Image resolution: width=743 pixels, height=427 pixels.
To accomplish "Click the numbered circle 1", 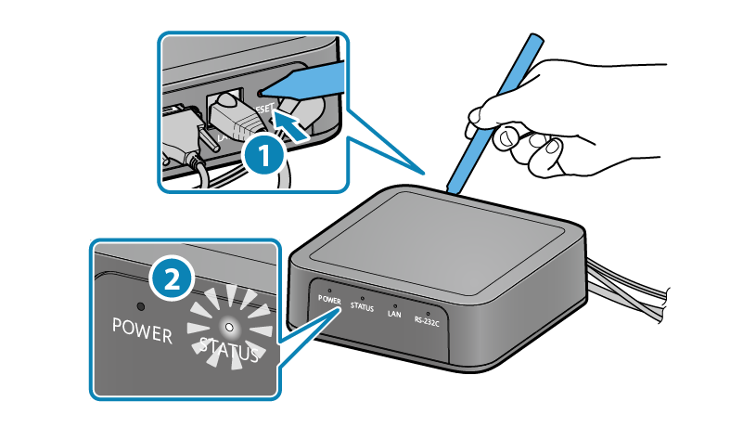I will point(263,155).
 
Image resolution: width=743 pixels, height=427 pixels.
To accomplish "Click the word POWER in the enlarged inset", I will point(142,330).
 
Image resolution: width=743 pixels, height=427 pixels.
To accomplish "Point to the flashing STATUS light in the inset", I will point(230,327).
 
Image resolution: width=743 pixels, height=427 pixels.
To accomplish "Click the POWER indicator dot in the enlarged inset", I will point(141,306).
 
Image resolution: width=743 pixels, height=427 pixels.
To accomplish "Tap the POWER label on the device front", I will point(329,300).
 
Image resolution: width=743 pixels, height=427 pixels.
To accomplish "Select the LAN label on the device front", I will point(393,313).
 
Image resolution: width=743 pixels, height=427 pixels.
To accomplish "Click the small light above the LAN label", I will point(395,304).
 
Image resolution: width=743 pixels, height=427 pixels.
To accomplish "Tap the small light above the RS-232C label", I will point(428,311).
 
